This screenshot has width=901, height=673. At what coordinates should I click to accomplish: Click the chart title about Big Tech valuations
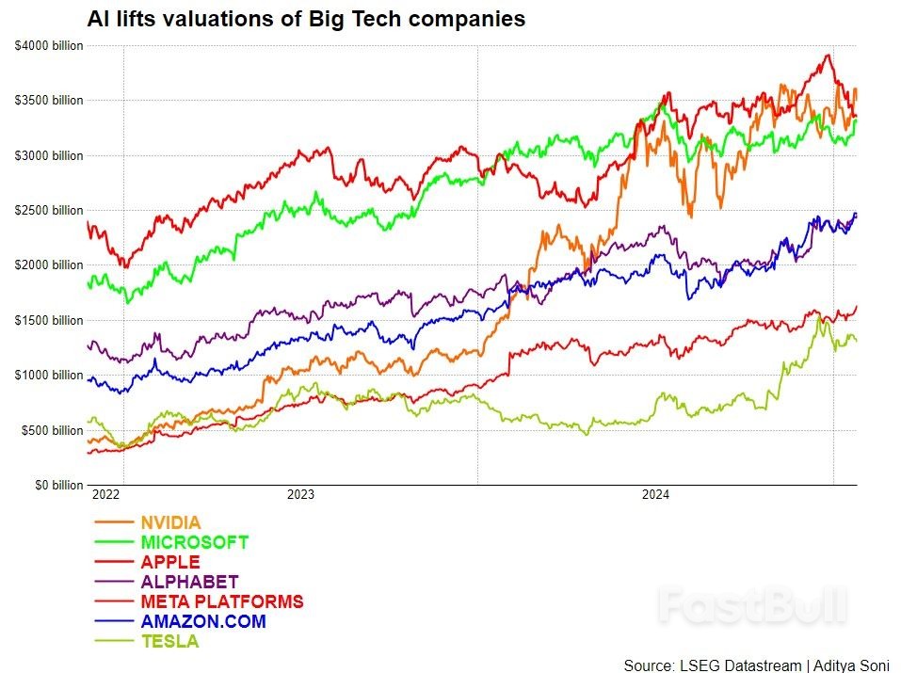pyautogui.click(x=306, y=19)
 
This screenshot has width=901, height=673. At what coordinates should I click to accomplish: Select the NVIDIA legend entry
pyautogui.click(x=170, y=522)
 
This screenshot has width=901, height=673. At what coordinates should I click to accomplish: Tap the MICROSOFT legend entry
pyautogui.click(x=194, y=542)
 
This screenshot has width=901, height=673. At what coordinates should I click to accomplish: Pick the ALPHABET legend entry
pyautogui.click(x=189, y=582)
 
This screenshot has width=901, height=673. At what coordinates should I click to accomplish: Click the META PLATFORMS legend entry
pyautogui.click(x=221, y=601)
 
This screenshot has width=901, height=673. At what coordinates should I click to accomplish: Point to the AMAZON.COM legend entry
pyautogui.click(x=202, y=621)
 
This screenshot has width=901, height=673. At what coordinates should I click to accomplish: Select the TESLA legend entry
pyautogui.click(x=169, y=642)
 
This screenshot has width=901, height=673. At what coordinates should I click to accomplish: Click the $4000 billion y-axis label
pyautogui.click(x=48, y=45)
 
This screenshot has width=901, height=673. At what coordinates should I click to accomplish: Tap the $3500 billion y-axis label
pyautogui.click(x=48, y=101)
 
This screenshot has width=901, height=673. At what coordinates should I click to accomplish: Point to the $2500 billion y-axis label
pyautogui.click(x=48, y=211)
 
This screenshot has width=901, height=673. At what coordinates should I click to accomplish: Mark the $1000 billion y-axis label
pyautogui.click(x=48, y=376)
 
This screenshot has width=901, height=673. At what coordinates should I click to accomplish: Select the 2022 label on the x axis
pyautogui.click(x=105, y=494)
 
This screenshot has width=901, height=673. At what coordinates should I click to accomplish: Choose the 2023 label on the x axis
pyautogui.click(x=300, y=494)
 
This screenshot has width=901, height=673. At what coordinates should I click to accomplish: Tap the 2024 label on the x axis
pyautogui.click(x=654, y=494)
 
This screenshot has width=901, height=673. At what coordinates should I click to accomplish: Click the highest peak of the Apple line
pyautogui.click(x=828, y=56)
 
